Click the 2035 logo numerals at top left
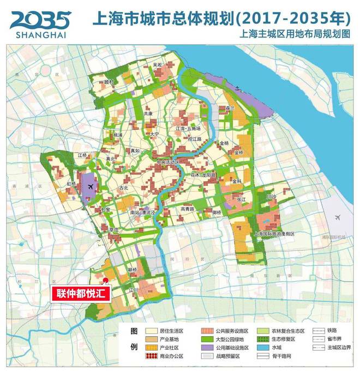pos(40,20)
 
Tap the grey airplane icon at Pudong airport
pos(339,217)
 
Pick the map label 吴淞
pos(158,65)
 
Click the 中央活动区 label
pos(167,162)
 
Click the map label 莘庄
pos(114,230)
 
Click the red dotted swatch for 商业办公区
pos(153,356)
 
